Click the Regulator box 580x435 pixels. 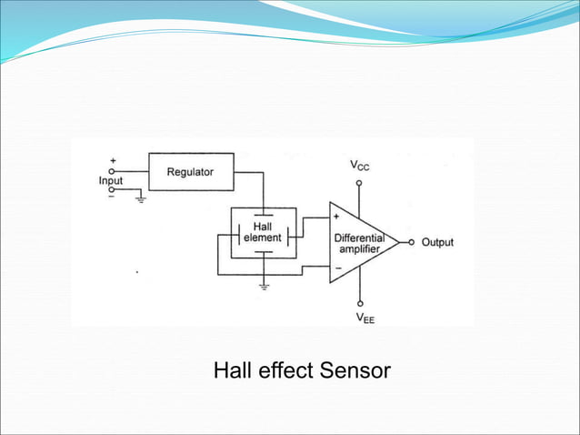190,171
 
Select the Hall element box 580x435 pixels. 262,233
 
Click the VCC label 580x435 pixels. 360,167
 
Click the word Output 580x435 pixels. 437,243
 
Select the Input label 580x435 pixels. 111,180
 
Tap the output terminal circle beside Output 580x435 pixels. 411,243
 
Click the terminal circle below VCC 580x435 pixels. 360,182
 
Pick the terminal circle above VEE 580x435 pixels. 360,303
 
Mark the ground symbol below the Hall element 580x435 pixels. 263,286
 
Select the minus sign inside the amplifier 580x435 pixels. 337,268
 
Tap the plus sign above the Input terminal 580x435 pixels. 113,160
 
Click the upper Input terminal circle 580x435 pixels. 113,170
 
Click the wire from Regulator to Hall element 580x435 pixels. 263,187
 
